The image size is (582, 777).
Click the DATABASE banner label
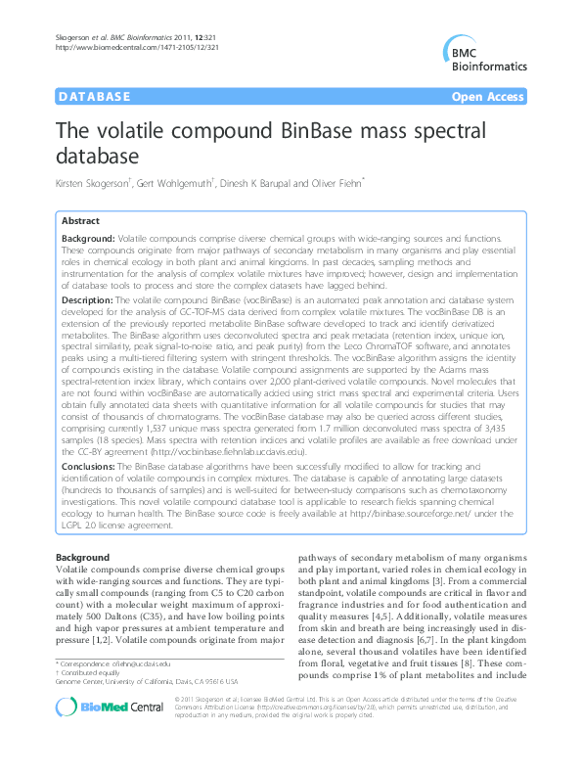point(95,98)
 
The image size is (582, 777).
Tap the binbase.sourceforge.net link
point(433,515)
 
